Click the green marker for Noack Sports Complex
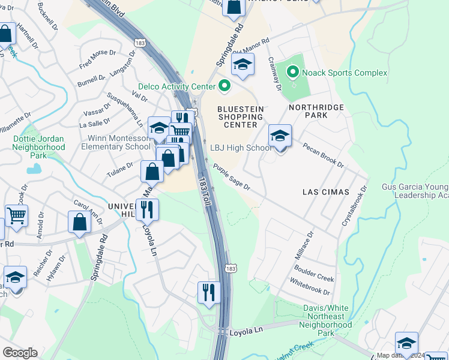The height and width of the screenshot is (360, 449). (x=292, y=73)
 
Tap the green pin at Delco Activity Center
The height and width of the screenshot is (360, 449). (x=225, y=86)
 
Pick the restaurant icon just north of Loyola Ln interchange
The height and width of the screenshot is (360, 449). (x=209, y=292)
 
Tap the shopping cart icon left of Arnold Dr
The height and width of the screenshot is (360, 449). (x=16, y=215)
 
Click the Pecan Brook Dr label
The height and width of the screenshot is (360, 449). (x=323, y=155)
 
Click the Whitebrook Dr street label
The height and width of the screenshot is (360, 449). (x=310, y=286)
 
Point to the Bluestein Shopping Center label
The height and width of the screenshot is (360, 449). (x=240, y=116)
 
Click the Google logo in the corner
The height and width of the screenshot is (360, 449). (x=20, y=353)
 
